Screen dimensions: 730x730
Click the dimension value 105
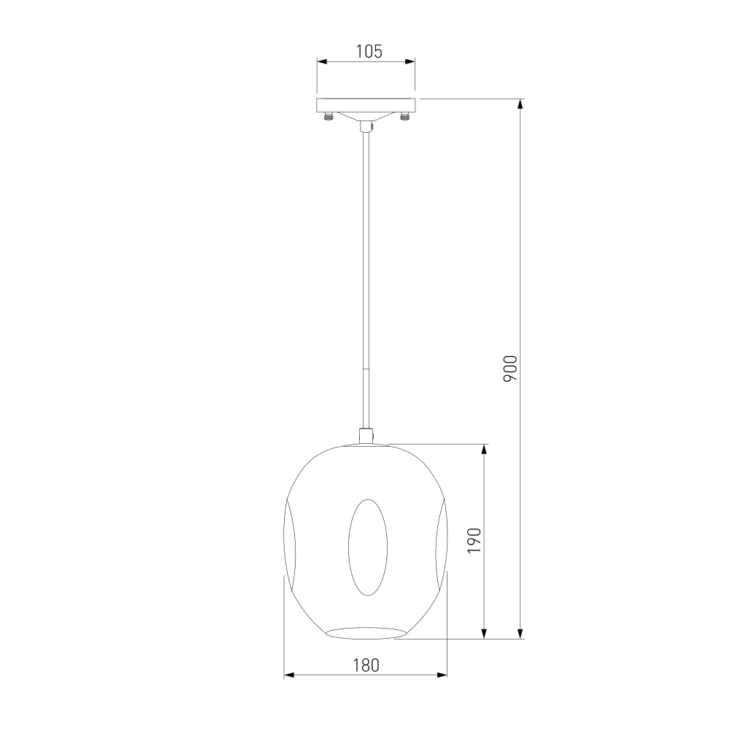tap(369, 51)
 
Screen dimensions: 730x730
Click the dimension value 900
tap(510, 369)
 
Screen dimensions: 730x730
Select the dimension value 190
tap(474, 540)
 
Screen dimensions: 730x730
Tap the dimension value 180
tap(366, 666)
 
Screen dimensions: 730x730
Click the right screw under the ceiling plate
tap(404, 116)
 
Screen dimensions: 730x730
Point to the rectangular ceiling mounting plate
tap(366, 105)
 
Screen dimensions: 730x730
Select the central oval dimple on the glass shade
tap(368, 547)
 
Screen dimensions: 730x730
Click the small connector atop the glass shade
tap(366, 436)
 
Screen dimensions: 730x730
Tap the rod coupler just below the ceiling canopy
tap(366, 126)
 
